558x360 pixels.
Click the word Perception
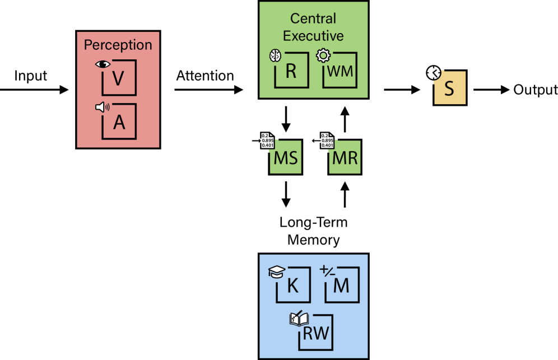point(118,45)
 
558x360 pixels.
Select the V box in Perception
point(119,78)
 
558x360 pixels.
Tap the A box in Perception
point(119,121)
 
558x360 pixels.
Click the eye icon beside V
point(103,64)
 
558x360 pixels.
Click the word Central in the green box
point(313,18)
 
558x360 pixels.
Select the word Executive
point(313,36)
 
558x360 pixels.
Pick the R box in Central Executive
point(291,71)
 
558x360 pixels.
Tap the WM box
point(340,71)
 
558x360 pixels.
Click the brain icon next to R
point(275,55)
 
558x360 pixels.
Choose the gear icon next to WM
point(323,55)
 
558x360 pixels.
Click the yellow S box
point(450,88)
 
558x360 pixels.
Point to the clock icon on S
point(433,73)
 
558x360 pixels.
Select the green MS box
point(285,157)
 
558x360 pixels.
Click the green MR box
point(345,157)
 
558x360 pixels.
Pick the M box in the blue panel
point(341,286)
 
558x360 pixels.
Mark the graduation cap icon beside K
point(277,272)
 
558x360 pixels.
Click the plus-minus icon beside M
point(326,271)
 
